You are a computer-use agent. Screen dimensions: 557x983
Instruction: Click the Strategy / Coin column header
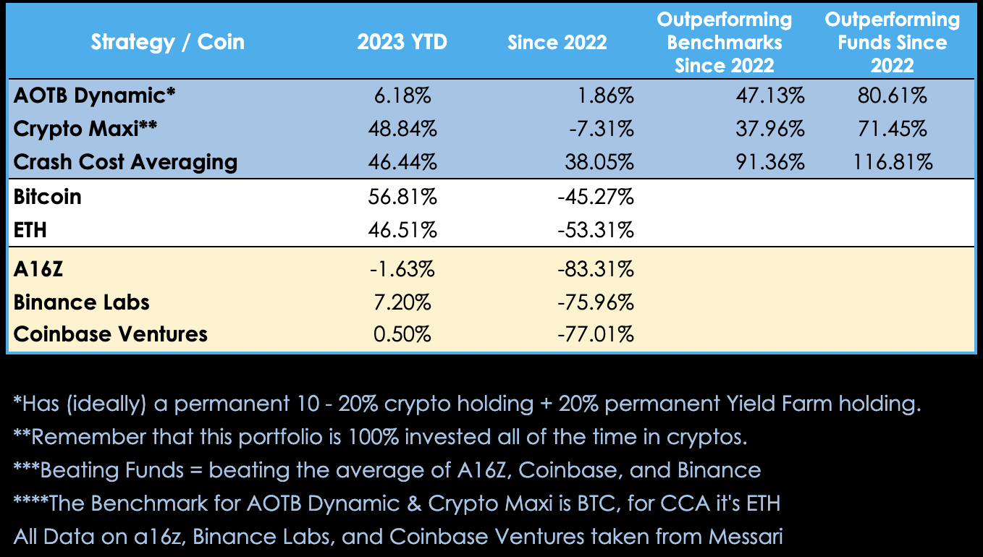(x=167, y=42)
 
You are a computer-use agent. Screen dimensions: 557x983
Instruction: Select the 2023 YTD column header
(x=402, y=42)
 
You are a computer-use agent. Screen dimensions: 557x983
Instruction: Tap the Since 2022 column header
(x=557, y=42)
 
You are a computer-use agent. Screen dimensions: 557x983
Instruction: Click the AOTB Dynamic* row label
(x=95, y=96)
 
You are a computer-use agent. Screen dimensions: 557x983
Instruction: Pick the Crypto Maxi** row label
(x=86, y=129)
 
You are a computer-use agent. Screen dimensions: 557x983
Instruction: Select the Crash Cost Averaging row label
(x=125, y=161)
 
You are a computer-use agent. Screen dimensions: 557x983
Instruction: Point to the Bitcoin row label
(x=48, y=197)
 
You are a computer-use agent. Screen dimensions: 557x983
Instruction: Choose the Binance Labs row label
(x=82, y=301)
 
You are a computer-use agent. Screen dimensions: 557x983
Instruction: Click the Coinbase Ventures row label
(x=111, y=333)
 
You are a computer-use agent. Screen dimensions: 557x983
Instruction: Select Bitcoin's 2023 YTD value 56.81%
(x=402, y=197)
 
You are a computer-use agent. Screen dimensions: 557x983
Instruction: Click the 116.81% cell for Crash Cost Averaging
(x=891, y=161)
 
